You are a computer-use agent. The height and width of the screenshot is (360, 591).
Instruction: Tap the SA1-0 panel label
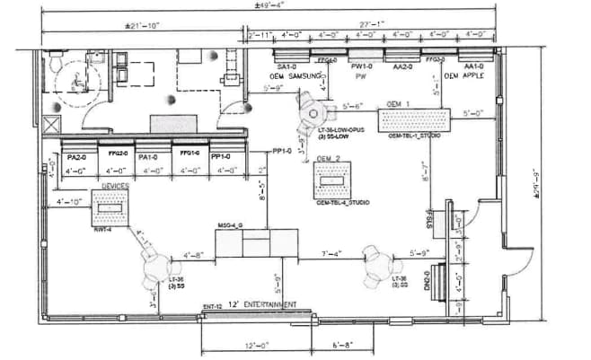(287, 67)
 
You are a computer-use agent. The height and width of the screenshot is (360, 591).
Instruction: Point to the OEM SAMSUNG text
(299, 77)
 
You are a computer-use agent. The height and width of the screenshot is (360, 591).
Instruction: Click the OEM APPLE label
(464, 77)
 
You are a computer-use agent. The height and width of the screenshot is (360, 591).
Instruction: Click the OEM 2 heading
(329, 160)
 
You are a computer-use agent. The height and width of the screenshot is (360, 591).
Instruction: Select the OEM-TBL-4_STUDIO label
(342, 203)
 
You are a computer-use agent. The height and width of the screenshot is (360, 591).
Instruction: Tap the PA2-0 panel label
(75, 156)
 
